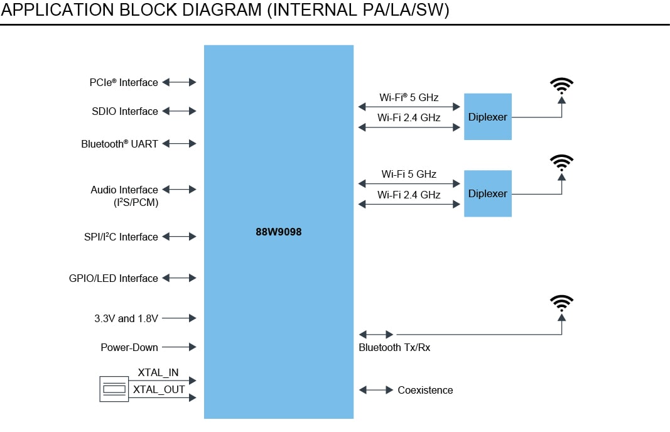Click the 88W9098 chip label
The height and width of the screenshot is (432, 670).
pos(279,232)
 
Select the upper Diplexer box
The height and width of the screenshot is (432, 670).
pos(487,117)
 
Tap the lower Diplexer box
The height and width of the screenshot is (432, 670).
pos(487,193)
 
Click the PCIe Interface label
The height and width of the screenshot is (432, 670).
pos(123,82)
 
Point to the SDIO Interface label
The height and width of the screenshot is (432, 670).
pos(124,112)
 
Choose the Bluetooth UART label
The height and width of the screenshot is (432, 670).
pos(119,144)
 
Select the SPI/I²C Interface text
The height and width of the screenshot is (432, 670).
pos(121,237)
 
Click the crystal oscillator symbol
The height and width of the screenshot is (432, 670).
pos(114,389)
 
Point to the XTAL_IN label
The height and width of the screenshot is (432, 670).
pos(158,373)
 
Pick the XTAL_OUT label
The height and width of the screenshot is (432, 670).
pos(159,389)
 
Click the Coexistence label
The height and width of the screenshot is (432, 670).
pos(425,390)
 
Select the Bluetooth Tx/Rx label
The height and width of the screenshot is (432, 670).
pos(394,347)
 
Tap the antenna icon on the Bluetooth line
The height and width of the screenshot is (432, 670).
pos(561,304)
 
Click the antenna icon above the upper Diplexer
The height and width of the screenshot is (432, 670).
pos(561,87)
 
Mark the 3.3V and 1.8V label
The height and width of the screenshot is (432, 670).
pos(122,318)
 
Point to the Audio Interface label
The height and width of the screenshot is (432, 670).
pos(124,190)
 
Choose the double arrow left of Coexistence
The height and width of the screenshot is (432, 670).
pos(376,390)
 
